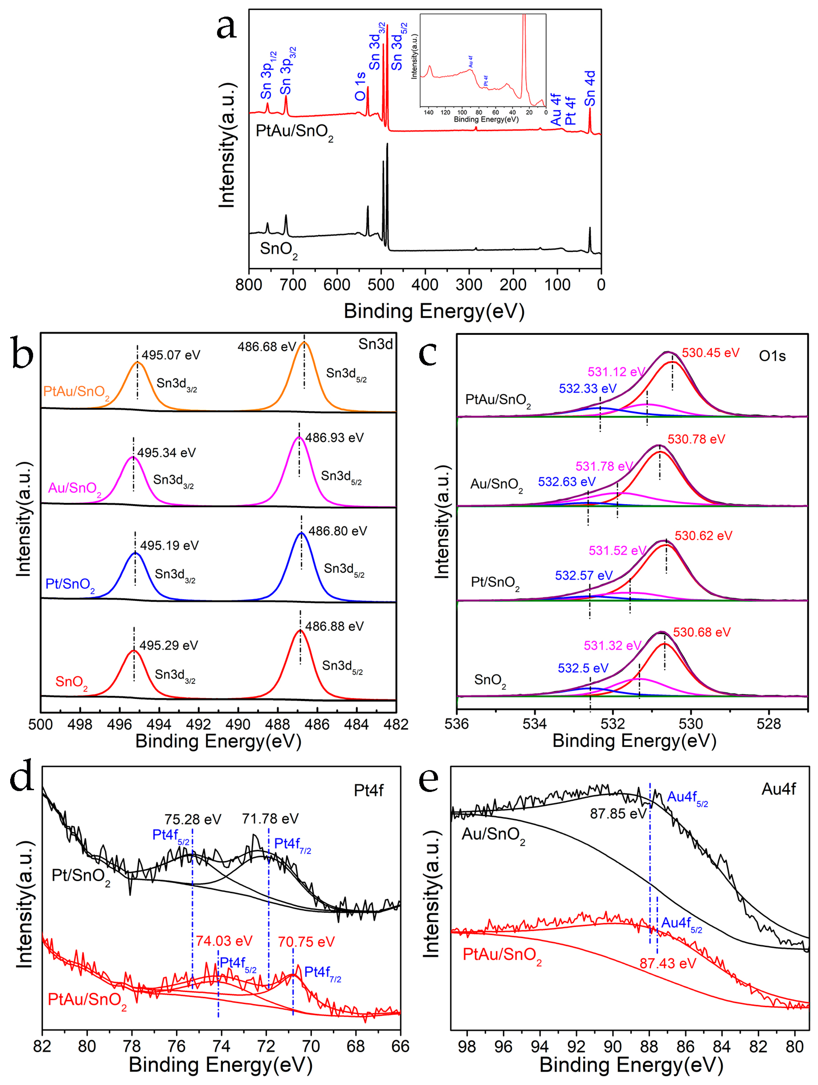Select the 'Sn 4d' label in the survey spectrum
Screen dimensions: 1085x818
pyautogui.click(x=590, y=88)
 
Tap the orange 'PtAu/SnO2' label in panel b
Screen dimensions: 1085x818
pyautogui.click(x=76, y=392)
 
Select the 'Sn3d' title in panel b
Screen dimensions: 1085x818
pyautogui.click(x=375, y=344)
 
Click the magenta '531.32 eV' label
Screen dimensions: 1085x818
pyautogui.click(x=612, y=646)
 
